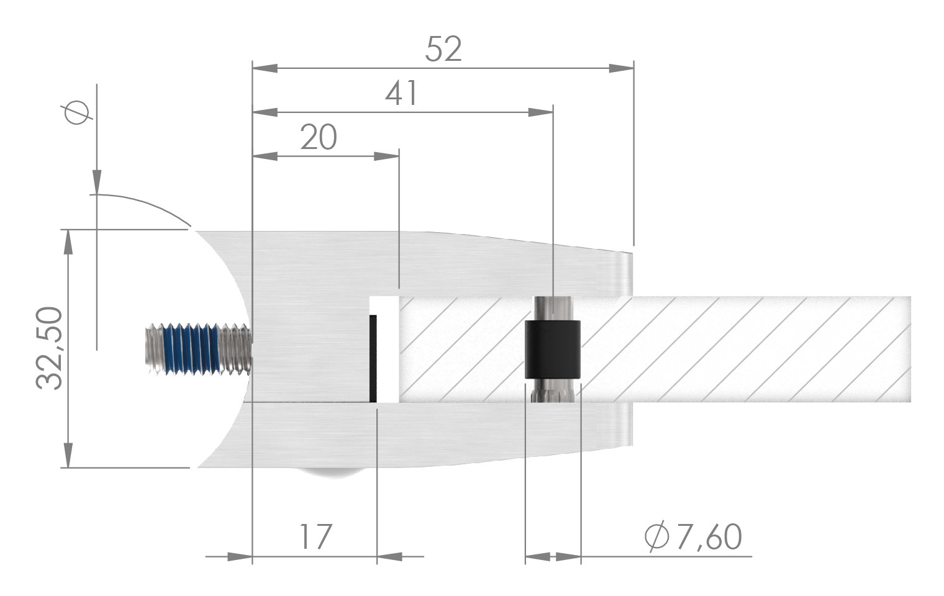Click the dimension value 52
coord(443,49)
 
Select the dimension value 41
coord(402,94)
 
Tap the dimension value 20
coord(318,137)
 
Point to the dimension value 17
coord(315,537)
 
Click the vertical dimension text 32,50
coord(50,348)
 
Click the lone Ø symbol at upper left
coord(77,113)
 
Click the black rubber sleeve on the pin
coord(553,349)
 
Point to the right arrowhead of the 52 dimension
coord(620,68)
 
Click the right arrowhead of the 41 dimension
coord(540,112)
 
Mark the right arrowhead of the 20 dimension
coord(386,156)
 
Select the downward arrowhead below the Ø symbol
coord(97,181)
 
